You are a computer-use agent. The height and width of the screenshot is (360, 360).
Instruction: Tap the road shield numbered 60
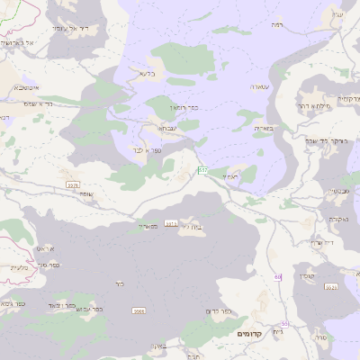[x=278, y=277]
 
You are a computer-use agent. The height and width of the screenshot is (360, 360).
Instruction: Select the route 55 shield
[x=284, y=323]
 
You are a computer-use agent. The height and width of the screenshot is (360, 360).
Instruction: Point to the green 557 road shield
[x=203, y=169]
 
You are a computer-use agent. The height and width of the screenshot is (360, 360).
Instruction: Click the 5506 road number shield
[x=73, y=184]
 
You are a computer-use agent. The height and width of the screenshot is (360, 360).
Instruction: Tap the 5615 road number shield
[x=170, y=222]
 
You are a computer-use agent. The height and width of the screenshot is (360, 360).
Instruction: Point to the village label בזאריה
[x=264, y=129]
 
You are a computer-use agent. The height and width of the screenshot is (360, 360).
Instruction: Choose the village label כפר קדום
[x=218, y=311]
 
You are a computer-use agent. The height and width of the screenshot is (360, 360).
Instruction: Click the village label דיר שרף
[x=321, y=242]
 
